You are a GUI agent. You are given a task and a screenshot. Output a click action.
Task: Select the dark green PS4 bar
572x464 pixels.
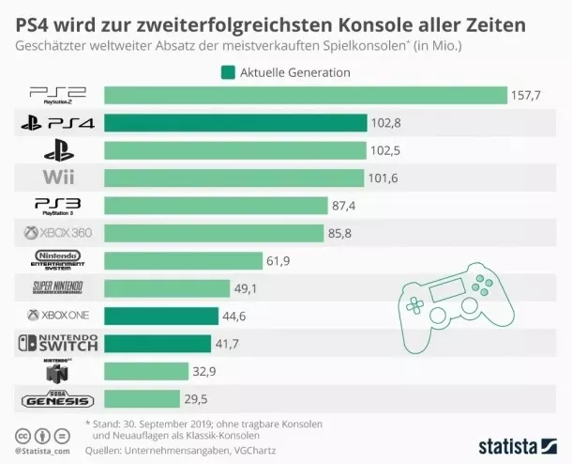coord(235,122)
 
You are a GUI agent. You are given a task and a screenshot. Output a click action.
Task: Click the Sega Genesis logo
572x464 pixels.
coord(58,400)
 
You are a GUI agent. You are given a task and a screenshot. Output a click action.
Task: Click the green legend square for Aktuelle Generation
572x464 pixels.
coord(227,72)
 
